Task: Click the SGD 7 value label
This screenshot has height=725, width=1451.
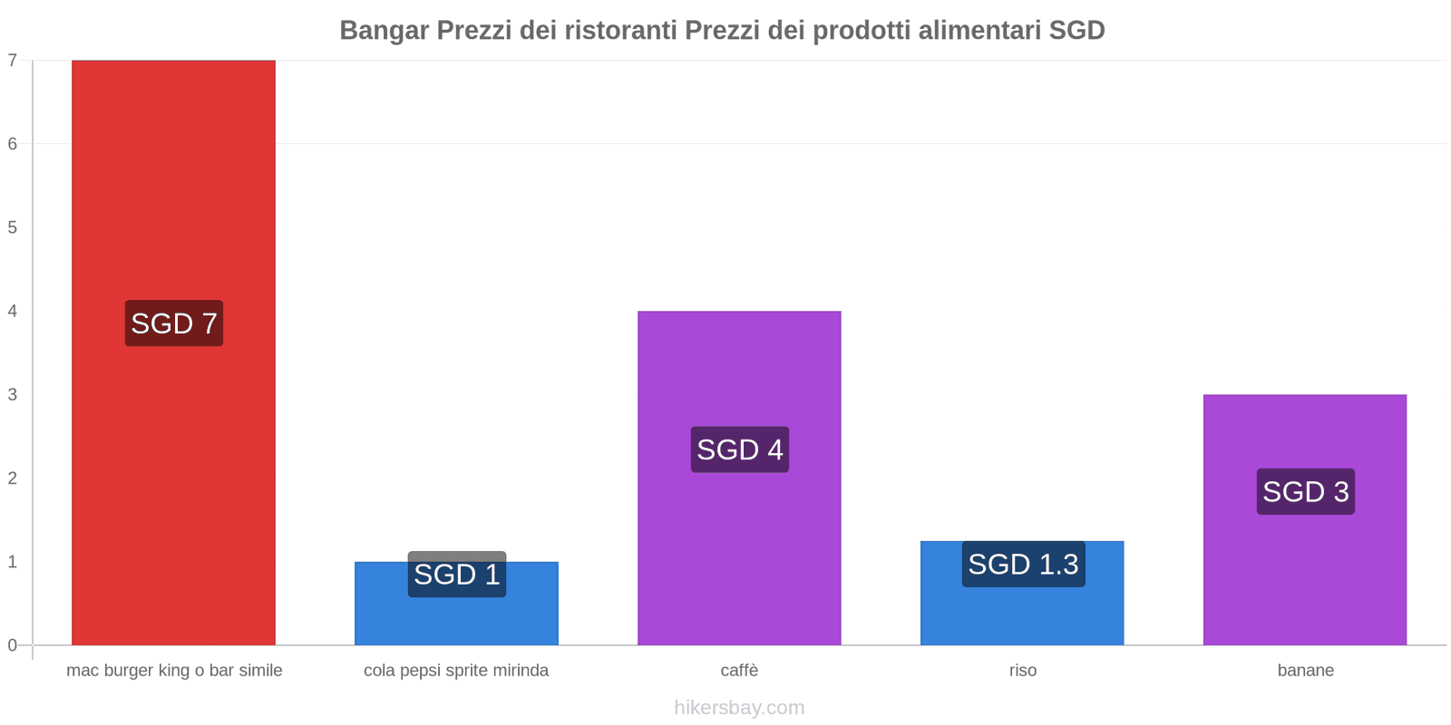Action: point(174,324)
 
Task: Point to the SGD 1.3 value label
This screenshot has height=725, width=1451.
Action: point(1023,565)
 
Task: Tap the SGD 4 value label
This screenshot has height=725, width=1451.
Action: point(740,449)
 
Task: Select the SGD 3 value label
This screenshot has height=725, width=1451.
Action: point(1306,492)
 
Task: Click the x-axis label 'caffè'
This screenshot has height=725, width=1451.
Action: point(739,671)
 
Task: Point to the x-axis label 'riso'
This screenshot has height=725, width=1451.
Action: point(1022,671)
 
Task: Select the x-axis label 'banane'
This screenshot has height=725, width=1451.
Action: point(1305,671)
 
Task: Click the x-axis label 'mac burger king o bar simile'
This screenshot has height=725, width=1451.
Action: point(174,671)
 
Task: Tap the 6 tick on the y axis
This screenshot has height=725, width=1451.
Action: point(13,144)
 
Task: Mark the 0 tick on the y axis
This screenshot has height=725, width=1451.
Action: point(13,645)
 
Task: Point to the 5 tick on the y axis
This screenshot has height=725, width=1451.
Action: point(13,227)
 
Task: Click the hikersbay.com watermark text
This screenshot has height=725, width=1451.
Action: point(739,708)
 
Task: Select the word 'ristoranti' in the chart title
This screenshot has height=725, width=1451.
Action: point(620,31)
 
